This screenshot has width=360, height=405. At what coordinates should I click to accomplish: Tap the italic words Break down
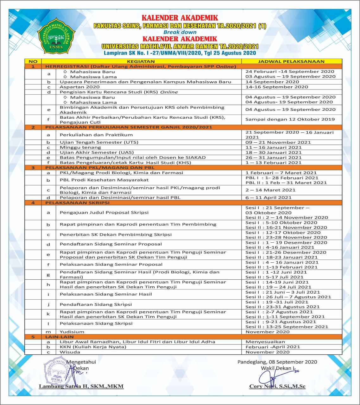coord(180,32)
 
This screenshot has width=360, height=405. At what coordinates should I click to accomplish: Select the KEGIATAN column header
coord(141,61)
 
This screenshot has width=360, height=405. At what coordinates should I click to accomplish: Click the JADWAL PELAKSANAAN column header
coord(291,61)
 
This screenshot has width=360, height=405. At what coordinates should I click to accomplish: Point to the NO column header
coord(33,61)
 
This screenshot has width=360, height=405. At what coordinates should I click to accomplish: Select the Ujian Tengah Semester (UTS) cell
coord(99,142)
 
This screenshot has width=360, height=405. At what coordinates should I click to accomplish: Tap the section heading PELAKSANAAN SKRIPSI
coord(77,203)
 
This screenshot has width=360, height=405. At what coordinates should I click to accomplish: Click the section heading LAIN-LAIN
coord(59,337)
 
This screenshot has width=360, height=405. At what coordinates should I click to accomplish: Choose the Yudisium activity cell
coord(72,332)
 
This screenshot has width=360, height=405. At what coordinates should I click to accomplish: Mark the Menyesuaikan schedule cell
coord(265,342)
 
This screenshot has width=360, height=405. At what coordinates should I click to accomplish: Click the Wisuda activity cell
coord(70,352)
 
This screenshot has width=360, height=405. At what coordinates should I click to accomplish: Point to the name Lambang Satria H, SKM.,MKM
coord(81,386)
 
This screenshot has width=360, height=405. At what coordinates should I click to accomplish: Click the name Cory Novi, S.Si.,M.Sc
coord(277,386)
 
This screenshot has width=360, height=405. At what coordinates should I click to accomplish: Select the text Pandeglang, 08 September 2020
coord(277,362)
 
